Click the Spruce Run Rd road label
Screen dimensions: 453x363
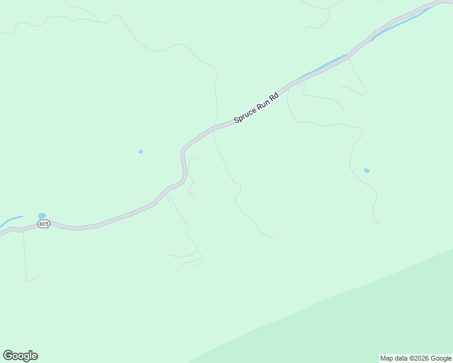tap(256, 108)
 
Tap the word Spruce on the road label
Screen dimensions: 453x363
tap(245, 113)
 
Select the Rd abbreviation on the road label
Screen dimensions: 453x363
tap(274, 97)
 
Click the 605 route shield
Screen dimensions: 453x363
tap(44, 224)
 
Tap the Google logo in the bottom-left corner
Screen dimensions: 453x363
tap(20, 356)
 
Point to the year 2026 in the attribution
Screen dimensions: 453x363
tap(421, 358)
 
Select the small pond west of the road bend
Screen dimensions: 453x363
tap(141, 151)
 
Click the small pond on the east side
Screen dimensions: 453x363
tap(366, 171)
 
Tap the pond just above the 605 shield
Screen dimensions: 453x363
tap(42, 215)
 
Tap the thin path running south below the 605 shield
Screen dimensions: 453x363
tap(25, 254)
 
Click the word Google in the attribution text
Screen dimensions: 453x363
tap(441, 358)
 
